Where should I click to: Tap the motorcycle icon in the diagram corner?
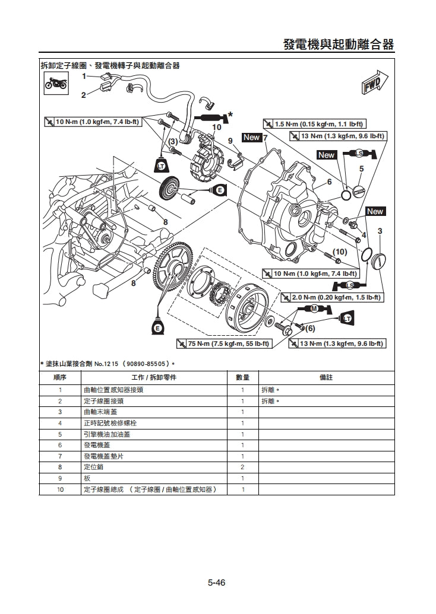(x=56, y=84)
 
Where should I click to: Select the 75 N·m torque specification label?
(x=224, y=343)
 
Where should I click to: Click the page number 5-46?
(x=216, y=583)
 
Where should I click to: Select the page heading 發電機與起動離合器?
(x=339, y=45)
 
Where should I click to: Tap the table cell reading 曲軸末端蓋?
(x=101, y=412)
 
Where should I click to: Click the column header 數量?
(x=242, y=377)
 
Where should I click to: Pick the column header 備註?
(x=326, y=377)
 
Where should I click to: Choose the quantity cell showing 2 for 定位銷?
(x=242, y=467)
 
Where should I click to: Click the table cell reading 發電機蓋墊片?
(x=104, y=456)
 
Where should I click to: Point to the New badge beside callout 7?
(x=252, y=138)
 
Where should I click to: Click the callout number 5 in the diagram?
(x=361, y=169)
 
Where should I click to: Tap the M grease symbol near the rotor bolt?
(x=313, y=308)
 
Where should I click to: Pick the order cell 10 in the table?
(x=60, y=489)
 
